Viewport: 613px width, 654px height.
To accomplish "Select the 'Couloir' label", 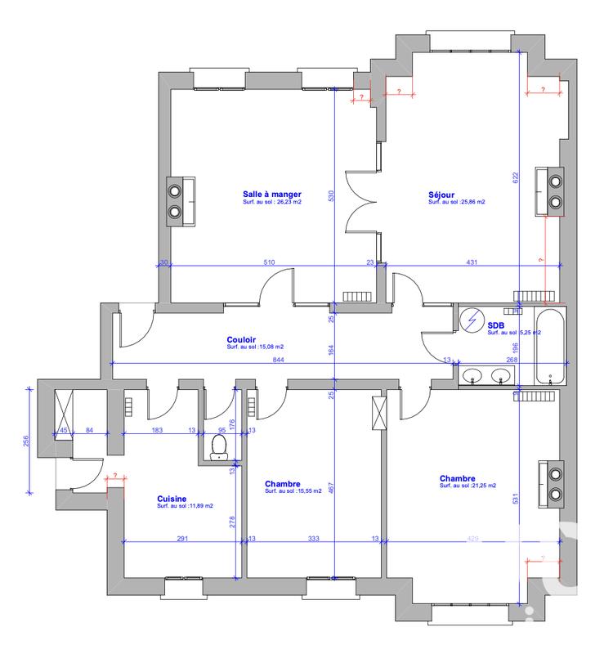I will [242, 338].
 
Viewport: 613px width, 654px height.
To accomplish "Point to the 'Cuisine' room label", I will [172, 498].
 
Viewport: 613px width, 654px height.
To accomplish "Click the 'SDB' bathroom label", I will [496, 325].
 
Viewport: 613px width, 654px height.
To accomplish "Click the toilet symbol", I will [219, 446].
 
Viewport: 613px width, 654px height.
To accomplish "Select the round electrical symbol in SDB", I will [471, 320].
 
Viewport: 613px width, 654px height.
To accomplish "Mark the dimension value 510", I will [269, 262].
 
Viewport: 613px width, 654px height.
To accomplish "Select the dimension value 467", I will [331, 487].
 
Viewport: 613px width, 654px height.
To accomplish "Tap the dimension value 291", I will [182, 539].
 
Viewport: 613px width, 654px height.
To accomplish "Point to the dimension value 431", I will [472, 262].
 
